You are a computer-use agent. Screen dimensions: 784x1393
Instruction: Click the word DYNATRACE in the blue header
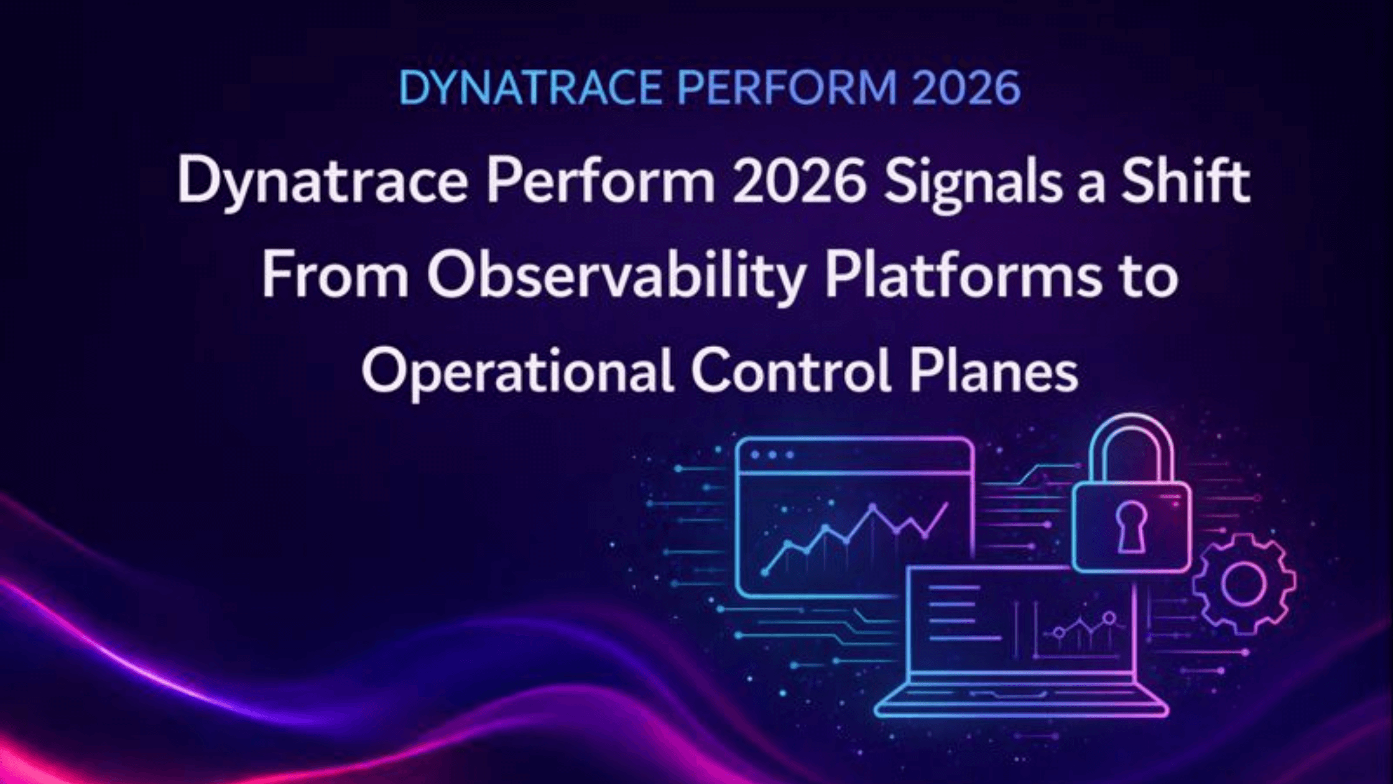coord(530,88)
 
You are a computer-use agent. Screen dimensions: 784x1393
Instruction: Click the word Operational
coord(517,372)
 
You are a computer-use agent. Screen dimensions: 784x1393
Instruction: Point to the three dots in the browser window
coord(772,455)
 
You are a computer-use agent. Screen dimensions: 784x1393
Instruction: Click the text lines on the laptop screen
coord(958,612)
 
